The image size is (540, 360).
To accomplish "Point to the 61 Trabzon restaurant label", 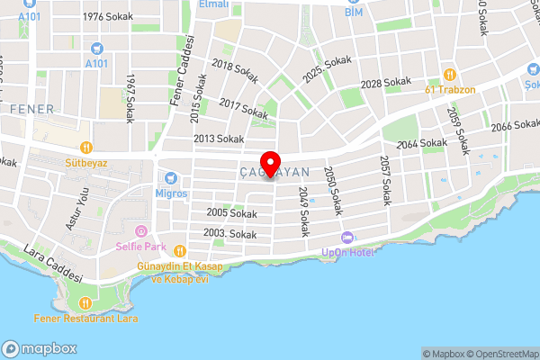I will coord(450,90).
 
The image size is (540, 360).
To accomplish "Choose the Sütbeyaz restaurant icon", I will coord(86,147).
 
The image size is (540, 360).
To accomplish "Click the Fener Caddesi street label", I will coord(179,71).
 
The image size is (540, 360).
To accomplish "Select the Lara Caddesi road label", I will coord(53,264).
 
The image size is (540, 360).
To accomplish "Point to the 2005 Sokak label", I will coord(231,213).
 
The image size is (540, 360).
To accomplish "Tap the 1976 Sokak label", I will coord(106,17).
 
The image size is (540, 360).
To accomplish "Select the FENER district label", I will coord(32,109).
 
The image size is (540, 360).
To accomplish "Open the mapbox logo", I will coord(40,348).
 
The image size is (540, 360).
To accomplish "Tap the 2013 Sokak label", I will coord(219,139).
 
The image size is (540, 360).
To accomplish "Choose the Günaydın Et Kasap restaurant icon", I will coord(179,251).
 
